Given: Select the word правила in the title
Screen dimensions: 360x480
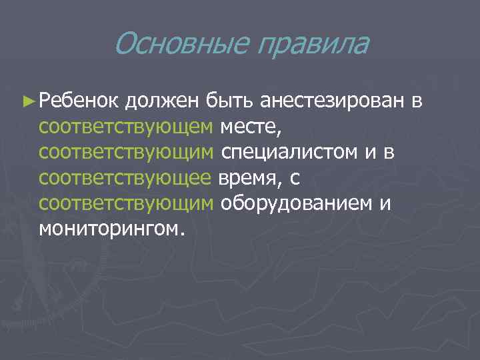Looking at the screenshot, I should pyautogui.click(x=313, y=45).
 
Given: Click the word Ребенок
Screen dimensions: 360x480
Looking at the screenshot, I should pyautogui.click(x=79, y=101).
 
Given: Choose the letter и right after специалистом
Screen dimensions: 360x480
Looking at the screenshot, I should pyautogui.click(x=370, y=153).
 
